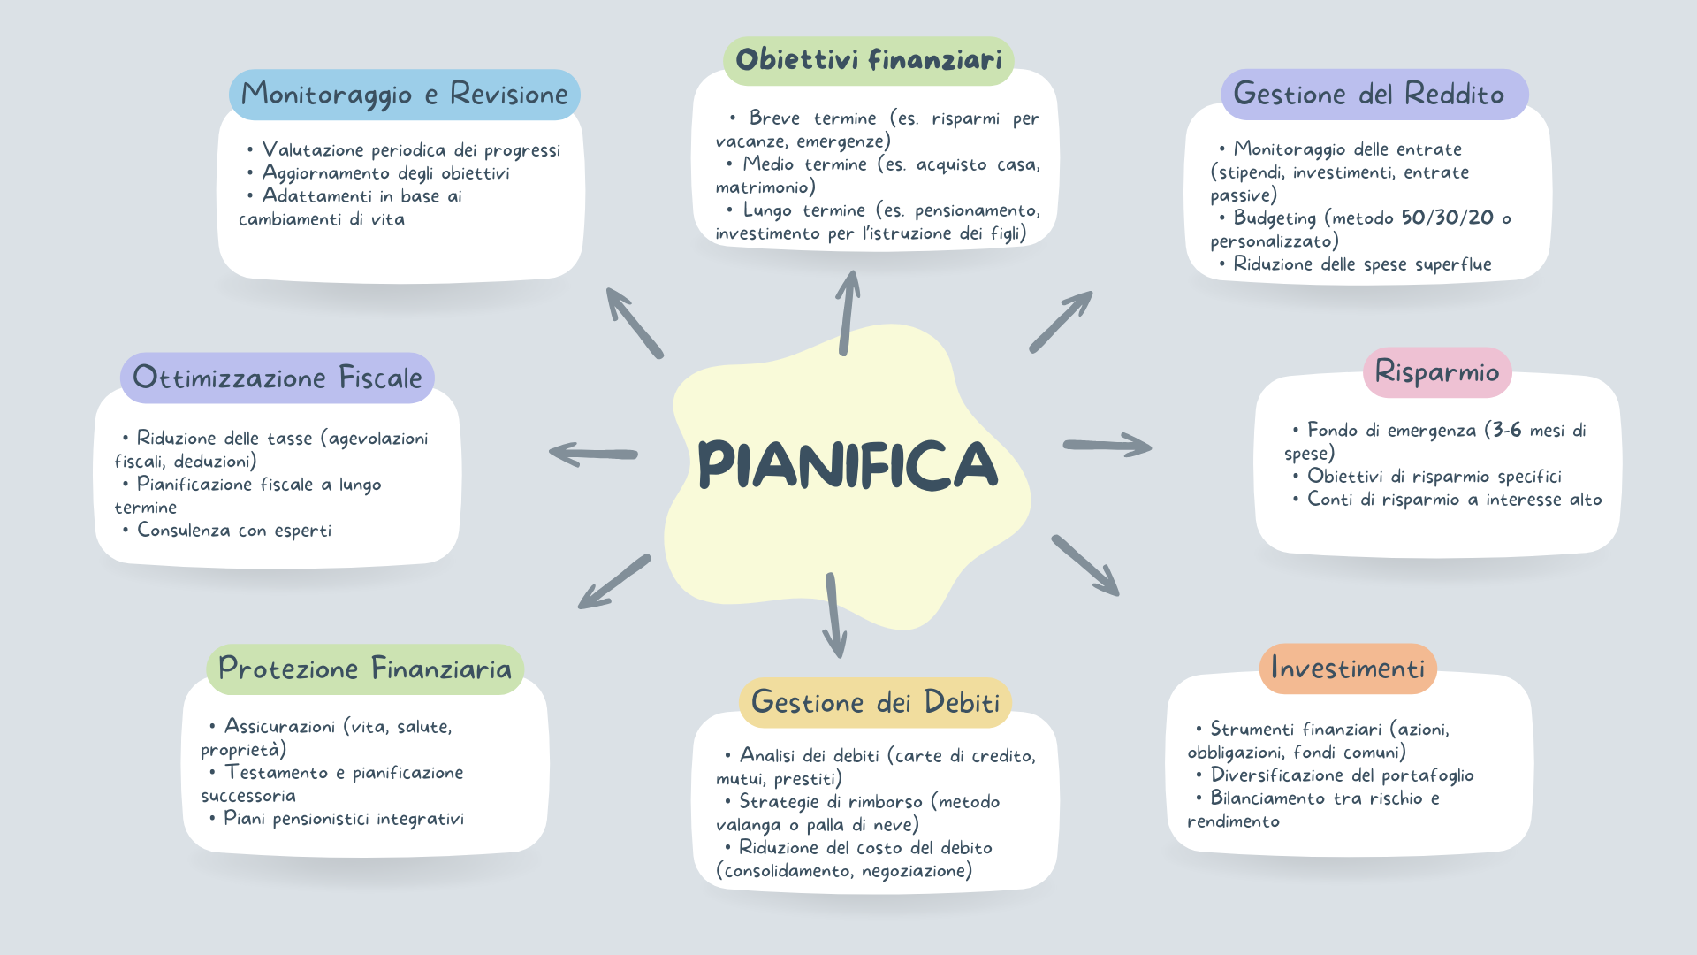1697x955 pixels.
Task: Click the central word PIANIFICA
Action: [x=848, y=464]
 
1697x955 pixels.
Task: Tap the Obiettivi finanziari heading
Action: [x=869, y=59]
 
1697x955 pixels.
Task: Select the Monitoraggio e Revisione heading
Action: [x=405, y=95]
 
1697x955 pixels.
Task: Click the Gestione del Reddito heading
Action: [x=1368, y=94]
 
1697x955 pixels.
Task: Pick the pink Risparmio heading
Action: [x=1437, y=372]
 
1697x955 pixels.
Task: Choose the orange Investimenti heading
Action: [x=1348, y=668]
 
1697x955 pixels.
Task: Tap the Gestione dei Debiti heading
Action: [x=875, y=702]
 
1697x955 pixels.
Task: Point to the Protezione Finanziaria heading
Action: [x=365, y=668]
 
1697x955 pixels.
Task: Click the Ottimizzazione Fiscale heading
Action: [x=278, y=378]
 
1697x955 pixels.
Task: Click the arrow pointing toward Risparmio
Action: [x=1107, y=445]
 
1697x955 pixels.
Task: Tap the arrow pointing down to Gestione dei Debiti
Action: [x=833, y=615]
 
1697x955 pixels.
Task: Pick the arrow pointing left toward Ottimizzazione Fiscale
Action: [x=593, y=454]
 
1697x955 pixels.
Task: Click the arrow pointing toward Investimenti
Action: [x=1085, y=565]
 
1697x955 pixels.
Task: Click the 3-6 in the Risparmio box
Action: [x=1507, y=430]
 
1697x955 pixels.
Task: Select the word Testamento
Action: [x=277, y=772]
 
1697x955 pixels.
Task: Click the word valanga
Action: [x=749, y=825]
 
